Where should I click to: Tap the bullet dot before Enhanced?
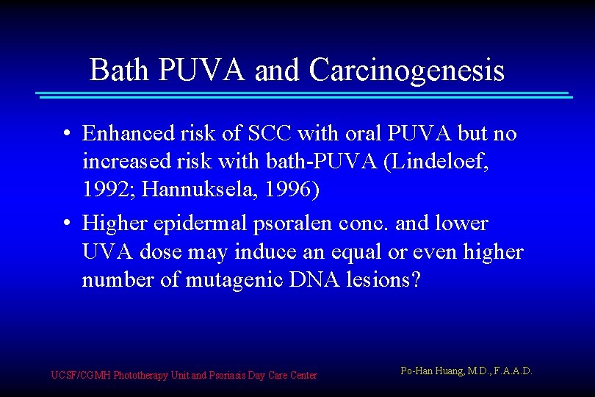pos(66,135)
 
